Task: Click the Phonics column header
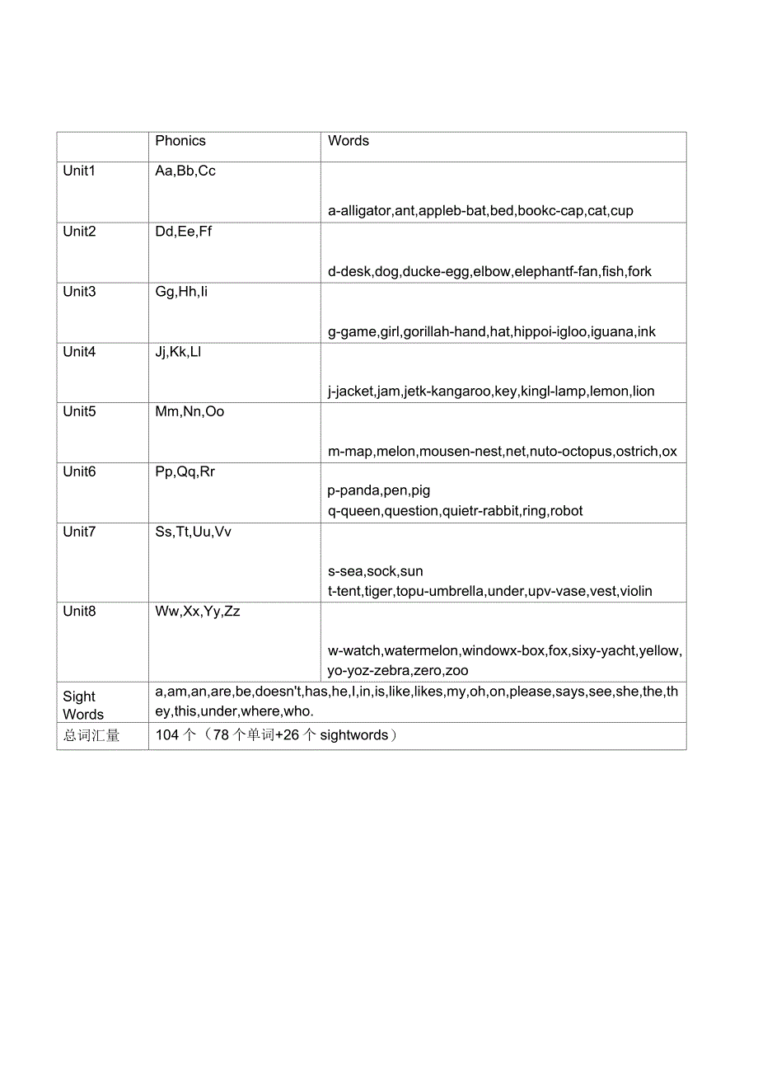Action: coord(180,141)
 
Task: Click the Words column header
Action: coord(349,141)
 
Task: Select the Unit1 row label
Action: coord(79,171)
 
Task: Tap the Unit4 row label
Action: coord(79,352)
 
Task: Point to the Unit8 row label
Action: coord(79,612)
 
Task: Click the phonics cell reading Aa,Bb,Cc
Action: coord(185,171)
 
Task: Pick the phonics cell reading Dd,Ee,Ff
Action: coord(184,232)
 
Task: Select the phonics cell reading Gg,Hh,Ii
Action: coord(181,292)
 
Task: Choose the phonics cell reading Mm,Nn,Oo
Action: coord(189,412)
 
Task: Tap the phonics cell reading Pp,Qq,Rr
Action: coord(185,472)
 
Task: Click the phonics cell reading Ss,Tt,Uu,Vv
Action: coord(194,532)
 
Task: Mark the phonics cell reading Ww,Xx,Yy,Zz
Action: coord(198,612)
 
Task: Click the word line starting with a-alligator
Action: coord(480,211)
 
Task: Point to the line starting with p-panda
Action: coord(379,491)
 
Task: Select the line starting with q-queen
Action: coord(455,511)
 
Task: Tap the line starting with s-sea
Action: coord(376,571)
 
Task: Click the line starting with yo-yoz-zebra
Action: coord(398,671)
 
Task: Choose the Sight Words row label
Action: coord(82,706)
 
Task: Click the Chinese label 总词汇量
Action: coord(91,736)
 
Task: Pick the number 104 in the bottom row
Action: coord(167,735)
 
